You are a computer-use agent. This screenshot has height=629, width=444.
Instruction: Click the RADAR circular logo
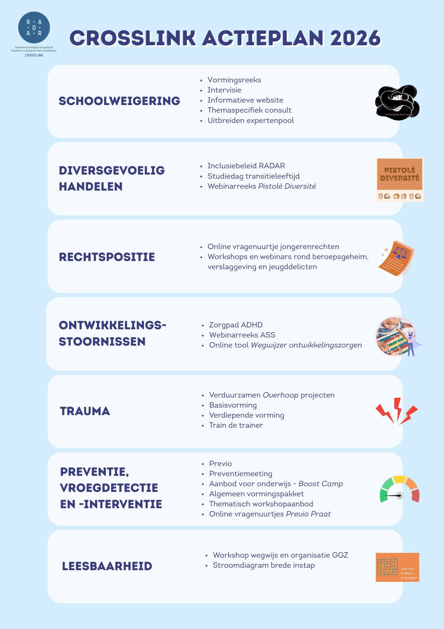click(34, 28)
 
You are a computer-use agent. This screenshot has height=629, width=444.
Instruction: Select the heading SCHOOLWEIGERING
click(119, 101)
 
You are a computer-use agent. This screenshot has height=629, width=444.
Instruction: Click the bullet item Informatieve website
click(245, 100)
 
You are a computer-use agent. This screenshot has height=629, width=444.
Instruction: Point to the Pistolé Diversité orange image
click(399, 180)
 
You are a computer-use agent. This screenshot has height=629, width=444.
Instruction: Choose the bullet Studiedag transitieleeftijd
click(253, 176)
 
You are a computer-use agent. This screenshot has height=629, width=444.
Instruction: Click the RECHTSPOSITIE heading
click(107, 257)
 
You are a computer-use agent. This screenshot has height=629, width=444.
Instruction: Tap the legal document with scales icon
click(396, 258)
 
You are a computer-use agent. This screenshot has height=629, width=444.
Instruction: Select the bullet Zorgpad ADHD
click(236, 325)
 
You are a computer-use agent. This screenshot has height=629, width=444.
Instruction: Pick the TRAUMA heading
click(85, 411)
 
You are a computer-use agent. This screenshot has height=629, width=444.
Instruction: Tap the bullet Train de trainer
click(236, 425)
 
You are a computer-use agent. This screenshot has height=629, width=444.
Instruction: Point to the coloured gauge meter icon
click(399, 490)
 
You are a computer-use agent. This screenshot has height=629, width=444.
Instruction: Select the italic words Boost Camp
click(321, 484)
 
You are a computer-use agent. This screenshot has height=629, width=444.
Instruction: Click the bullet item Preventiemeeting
click(241, 474)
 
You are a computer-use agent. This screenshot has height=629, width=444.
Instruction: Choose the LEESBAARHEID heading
click(107, 566)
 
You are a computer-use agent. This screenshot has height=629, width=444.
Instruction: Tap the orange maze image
click(397, 567)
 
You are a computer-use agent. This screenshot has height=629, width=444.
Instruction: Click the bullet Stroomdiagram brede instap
click(264, 565)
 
